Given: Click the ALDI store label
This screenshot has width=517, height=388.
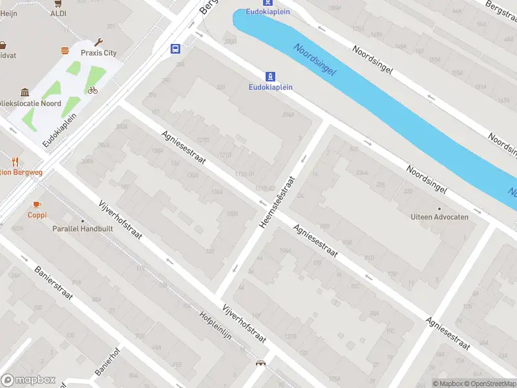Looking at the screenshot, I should pyautogui.click(x=58, y=13).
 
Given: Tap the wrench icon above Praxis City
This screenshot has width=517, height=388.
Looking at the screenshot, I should pyautogui.click(x=99, y=42).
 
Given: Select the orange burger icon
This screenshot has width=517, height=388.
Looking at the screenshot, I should pyautogui.click(x=65, y=50).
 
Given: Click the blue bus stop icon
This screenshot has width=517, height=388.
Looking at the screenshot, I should pyautogui.click(x=175, y=48).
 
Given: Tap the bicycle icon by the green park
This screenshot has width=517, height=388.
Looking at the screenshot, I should pyautogui.click(x=92, y=90).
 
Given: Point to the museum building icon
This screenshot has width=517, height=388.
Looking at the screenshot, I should pyautogui.click(x=25, y=92).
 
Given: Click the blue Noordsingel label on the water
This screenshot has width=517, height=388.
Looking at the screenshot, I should pyautogui.click(x=315, y=59).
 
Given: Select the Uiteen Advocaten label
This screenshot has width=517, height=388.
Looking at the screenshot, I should pyautogui.click(x=439, y=217).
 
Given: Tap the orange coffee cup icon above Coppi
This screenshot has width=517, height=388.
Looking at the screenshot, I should pyautogui.click(x=37, y=204).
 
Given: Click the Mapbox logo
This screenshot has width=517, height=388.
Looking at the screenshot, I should pyautogui.click(x=28, y=380).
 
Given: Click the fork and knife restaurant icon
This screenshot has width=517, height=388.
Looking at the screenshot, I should pyautogui.click(x=15, y=162).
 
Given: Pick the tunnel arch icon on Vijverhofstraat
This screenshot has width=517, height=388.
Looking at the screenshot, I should pyautogui.click(x=260, y=364).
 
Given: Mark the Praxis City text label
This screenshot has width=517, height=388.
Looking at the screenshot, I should pyautogui.click(x=98, y=53).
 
